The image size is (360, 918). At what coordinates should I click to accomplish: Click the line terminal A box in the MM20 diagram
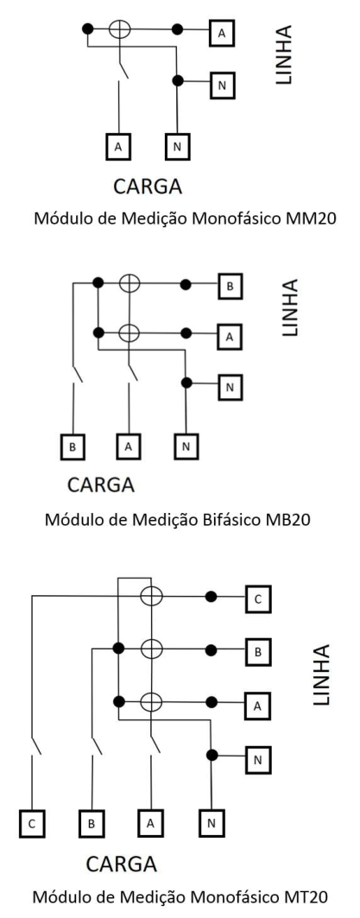[x=222, y=34]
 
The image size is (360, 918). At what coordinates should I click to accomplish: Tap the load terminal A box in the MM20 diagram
[x=119, y=148]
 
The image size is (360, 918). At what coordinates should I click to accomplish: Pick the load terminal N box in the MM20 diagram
[x=178, y=148]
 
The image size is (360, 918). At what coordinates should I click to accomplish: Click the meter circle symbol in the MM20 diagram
[x=119, y=28]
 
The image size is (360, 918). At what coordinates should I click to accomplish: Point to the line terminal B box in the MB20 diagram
[x=230, y=287]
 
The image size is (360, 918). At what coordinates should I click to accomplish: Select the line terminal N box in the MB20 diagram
[x=230, y=388]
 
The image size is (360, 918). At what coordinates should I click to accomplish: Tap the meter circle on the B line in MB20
[x=129, y=284]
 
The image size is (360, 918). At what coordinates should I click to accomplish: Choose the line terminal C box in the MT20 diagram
[x=258, y=600]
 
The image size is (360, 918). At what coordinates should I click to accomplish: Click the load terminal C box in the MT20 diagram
[x=32, y=823]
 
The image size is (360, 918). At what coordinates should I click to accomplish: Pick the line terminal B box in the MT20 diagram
[x=258, y=653]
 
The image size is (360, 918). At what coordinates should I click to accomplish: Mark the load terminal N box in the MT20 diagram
[x=211, y=823]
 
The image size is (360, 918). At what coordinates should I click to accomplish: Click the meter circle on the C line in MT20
[x=152, y=597]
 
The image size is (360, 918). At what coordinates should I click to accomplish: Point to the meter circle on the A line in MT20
[x=152, y=700]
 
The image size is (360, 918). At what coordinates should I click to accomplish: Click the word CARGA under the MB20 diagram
[x=101, y=484]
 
